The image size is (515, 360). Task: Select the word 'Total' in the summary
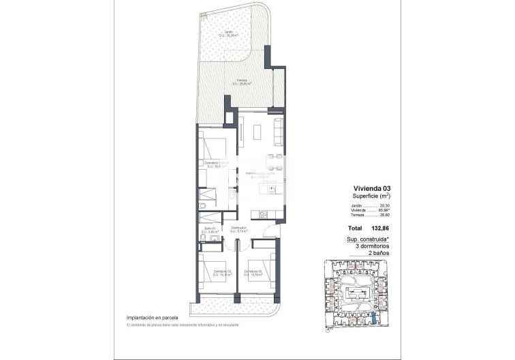pyautogui.click(x=355, y=229)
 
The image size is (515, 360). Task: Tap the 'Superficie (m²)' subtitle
pyautogui.click(x=371, y=196)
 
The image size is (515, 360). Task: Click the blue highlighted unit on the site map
pyautogui.click(x=373, y=319)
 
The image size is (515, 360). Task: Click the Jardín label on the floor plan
pyautogui.click(x=229, y=33)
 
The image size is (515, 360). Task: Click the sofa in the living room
pyautogui.click(x=278, y=130)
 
